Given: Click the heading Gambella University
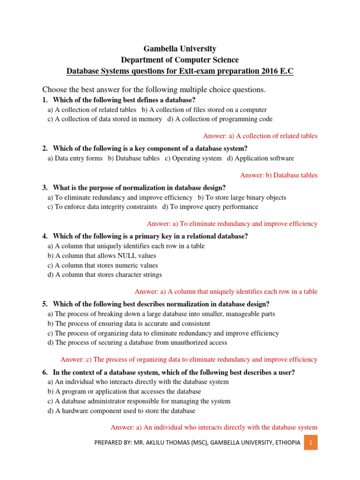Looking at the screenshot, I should pos(180,49).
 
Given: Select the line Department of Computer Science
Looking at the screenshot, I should pos(180,60).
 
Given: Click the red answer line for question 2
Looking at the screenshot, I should pos(278,175).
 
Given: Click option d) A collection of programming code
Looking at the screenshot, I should pos(219,119).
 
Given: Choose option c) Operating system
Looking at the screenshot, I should pos(193,158).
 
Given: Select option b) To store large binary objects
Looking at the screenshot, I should pos(242,198).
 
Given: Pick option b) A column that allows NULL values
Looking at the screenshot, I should pos(102,256).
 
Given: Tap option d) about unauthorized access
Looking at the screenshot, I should pos(137,343).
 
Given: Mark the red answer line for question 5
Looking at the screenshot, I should pos(189,360).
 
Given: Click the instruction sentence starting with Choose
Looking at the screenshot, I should pos(154,90).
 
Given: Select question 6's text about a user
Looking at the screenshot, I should pos(174,373).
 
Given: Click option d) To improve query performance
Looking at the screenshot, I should pos(210,207).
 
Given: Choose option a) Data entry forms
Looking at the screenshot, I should pos(75,158).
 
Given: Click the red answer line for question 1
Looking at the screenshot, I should pos(260,136).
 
